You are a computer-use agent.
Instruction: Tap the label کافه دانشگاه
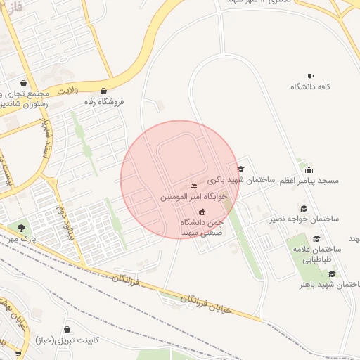pyautogui.click(x=311, y=86)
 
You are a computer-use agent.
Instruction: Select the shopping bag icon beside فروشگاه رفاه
pyautogui.click(x=104, y=91)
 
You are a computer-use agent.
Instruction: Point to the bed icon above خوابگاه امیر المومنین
pyautogui.click(x=193, y=186)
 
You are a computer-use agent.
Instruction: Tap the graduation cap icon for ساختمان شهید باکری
pyautogui.click(x=240, y=169)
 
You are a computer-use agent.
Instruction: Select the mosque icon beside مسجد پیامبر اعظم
pyautogui.click(x=309, y=169)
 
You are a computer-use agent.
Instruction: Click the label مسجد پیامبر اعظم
pyautogui.click(x=309, y=181)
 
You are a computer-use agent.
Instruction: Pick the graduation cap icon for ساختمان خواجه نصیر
pyautogui.click(x=303, y=208)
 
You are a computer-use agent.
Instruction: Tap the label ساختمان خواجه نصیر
pyautogui.click(x=304, y=219)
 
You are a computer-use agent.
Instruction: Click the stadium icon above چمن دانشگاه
pyautogui.click(x=202, y=212)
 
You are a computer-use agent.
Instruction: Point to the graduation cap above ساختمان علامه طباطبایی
pyautogui.click(x=316, y=238)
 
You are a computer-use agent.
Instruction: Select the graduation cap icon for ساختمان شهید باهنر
pyautogui.click(x=331, y=274)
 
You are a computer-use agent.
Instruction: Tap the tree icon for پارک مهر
pyautogui.click(x=21, y=228)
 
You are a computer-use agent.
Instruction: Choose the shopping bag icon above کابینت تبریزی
pyautogui.click(x=67, y=329)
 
